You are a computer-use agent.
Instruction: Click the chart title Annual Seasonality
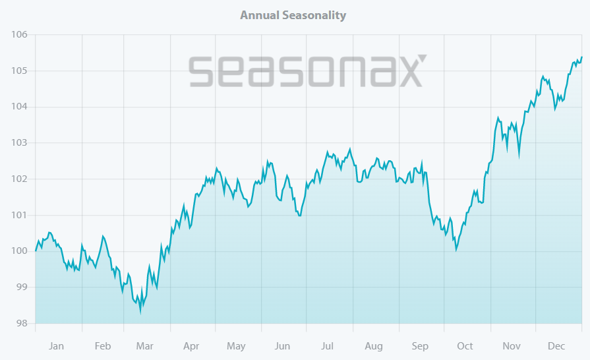pyautogui.click(x=293, y=15)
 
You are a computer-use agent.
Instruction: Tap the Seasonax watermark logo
pyautogui.click(x=308, y=71)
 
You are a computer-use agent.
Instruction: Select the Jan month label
pyautogui.click(x=57, y=346)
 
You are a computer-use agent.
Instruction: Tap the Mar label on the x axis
pyautogui.click(x=144, y=346)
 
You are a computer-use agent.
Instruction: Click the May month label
pyautogui.click(x=236, y=346)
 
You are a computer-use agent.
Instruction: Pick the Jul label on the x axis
pyautogui.click(x=328, y=346)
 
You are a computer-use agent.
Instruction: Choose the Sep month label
pyautogui.click(x=420, y=346)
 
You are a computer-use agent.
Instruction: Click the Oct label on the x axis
pyautogui.click(x=465, y=346)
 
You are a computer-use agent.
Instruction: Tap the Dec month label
pyautogui.click(x=558, y=346)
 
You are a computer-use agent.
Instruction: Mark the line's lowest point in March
pyautogui.click(x=140, y=311)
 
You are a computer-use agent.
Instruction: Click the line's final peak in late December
pyautogui.click(x=581, y=57)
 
